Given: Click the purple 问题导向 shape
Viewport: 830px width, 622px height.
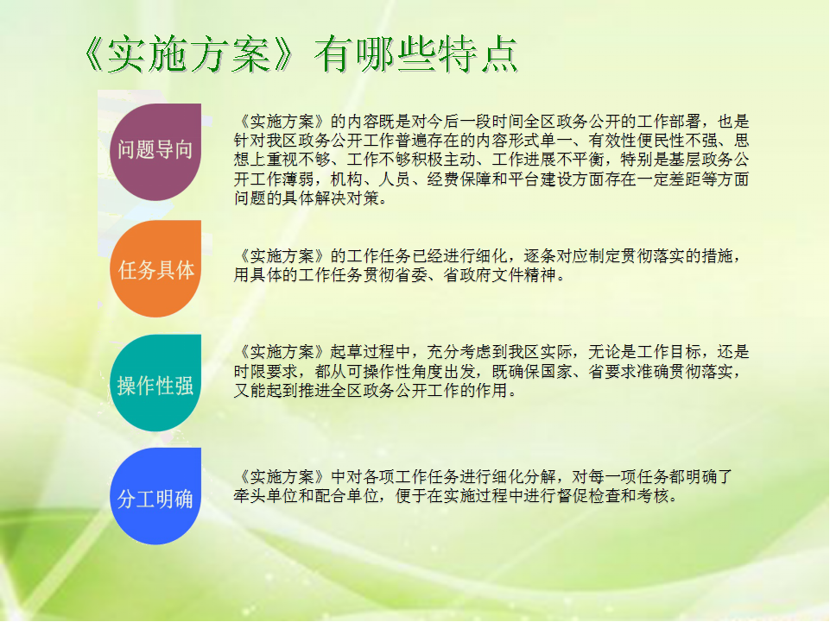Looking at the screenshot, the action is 155,152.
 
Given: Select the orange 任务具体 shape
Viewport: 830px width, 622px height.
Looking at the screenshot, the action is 155,268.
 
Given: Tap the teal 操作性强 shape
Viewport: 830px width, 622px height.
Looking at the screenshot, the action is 155,383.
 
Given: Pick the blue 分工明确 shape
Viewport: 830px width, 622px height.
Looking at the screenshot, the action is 155,496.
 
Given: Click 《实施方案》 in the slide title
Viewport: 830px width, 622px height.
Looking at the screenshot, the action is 189,54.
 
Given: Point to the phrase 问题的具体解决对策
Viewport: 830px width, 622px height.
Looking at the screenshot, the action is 307,198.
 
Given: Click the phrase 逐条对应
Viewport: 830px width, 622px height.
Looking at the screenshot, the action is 555,256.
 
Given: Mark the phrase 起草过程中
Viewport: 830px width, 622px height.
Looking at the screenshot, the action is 370,352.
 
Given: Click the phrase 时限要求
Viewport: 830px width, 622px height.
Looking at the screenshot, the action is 266,371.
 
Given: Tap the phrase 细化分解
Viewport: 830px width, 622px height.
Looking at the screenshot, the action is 523,476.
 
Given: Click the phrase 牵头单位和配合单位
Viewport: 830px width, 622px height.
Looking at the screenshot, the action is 307,495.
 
